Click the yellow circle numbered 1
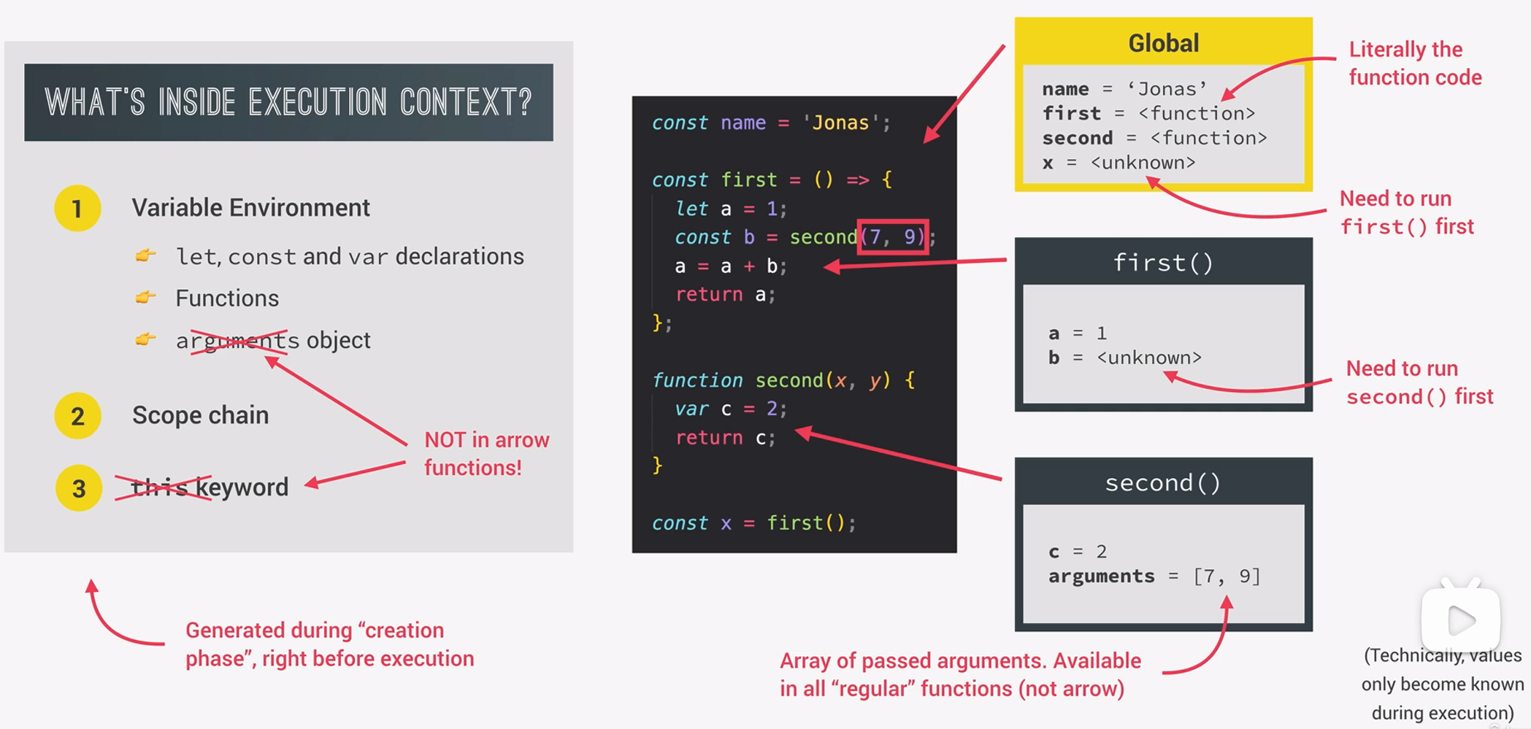(77, 209)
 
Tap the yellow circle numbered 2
(77, 416)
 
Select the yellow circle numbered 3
(78, 488)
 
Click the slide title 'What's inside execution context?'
(288, 102)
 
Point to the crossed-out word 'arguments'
(237, 341)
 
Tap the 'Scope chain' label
(200, 415)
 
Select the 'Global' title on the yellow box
(1163, 43)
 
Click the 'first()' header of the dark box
(1163, 262)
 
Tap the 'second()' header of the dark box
(1163, 482)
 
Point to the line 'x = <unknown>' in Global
(1118, 163)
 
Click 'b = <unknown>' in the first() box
(1124, 358)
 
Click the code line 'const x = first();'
(753, 522)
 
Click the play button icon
(1461, 620)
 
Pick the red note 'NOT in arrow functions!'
(486, 453)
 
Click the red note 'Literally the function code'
(1414, 63)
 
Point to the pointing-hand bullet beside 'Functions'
(146, 297)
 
